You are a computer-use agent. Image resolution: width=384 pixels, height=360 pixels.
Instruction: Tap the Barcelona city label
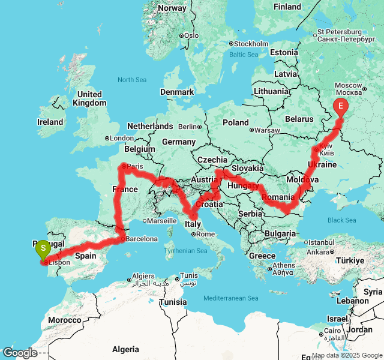tap(142, 239)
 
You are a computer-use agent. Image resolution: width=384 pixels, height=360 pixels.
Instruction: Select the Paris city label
tap(136, 166)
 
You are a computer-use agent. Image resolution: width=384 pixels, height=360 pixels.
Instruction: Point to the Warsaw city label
tap(268, 130)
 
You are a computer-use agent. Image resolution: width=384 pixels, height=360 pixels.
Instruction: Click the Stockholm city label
tap(251, 44)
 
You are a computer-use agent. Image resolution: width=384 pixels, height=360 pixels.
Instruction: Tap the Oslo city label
tap(192, 35)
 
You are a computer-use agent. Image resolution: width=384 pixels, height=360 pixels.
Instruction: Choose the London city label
tap(122, 138)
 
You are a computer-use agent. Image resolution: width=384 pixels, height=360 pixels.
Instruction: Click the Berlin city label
tap(188, 127)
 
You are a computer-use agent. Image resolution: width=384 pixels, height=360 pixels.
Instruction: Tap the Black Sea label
tap(342, 220)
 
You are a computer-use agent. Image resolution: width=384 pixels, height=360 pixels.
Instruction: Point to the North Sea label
tap(132, 80)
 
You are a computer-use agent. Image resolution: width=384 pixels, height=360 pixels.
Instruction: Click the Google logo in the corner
tap(20, 353)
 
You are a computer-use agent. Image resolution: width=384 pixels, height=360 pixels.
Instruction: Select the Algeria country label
tap(125, 349)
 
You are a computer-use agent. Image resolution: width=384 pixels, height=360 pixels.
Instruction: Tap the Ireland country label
tap(50, 122)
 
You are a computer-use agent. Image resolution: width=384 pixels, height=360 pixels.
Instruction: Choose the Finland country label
tap(287, 7)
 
